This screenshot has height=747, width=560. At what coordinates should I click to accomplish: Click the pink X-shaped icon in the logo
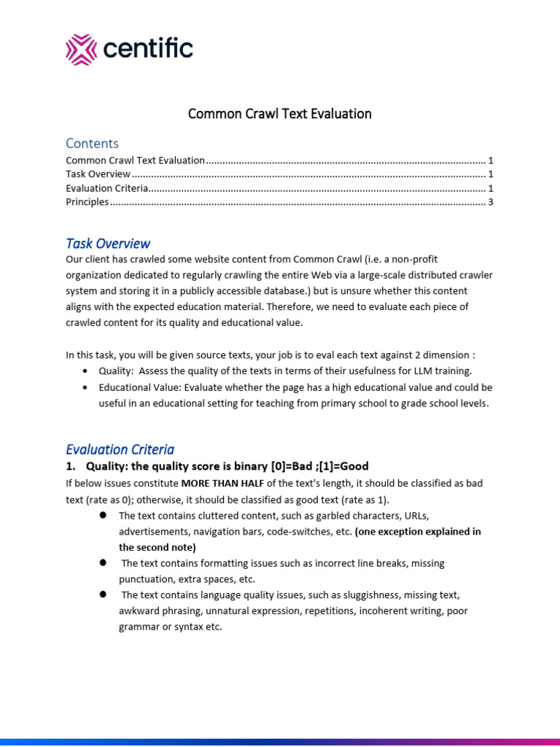(x=81, y=49)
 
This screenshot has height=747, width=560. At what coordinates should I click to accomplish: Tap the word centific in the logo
(x=149, y=49)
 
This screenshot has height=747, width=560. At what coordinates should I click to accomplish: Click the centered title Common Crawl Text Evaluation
(x=280, y=114)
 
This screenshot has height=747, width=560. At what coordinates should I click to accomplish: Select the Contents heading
(x=92, y=143)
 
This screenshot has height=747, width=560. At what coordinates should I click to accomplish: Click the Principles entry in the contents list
(x=87, y=201)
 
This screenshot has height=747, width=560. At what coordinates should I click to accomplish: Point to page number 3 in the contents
(x=491, y=201)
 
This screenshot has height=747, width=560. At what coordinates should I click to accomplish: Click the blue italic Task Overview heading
(x=108, y=243)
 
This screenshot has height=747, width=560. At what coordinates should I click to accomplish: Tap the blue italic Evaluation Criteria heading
(x=120, y=449)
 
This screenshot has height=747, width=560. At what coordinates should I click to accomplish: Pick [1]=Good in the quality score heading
(x=343, y=466)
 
